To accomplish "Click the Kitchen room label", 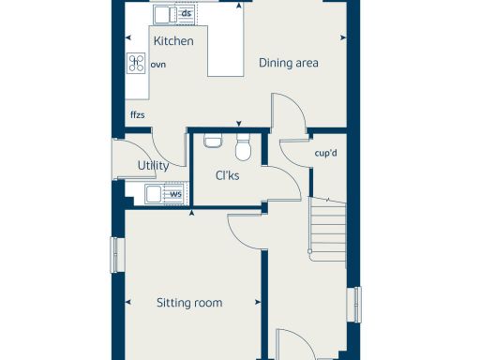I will [173, 41].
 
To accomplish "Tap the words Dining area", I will [290, 64].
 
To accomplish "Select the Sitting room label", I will [189, 303].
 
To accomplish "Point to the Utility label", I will [153, 166].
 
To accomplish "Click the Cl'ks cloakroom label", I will [228, 175].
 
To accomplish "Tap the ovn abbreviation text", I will [157, 65].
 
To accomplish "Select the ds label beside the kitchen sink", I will [187, 14].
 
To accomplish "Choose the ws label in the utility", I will [175, 195].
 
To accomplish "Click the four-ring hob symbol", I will [137, 64].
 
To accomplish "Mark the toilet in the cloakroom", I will [243, 147].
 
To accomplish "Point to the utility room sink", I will [154, 196].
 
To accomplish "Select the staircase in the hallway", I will [327, 230].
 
